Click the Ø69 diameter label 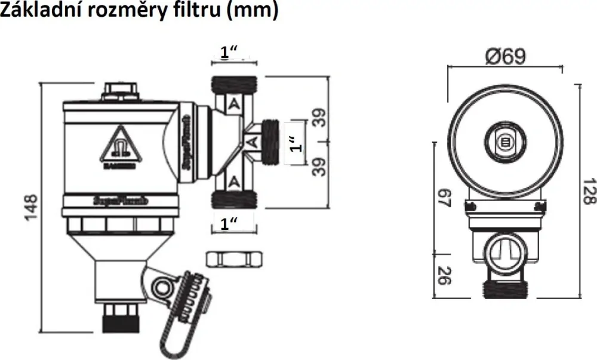pyautogui.click(x=505, y=57)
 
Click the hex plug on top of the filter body pyautogui.click(x=119, y=91)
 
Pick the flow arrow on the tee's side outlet pyautogui.click(x=253, y=142)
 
